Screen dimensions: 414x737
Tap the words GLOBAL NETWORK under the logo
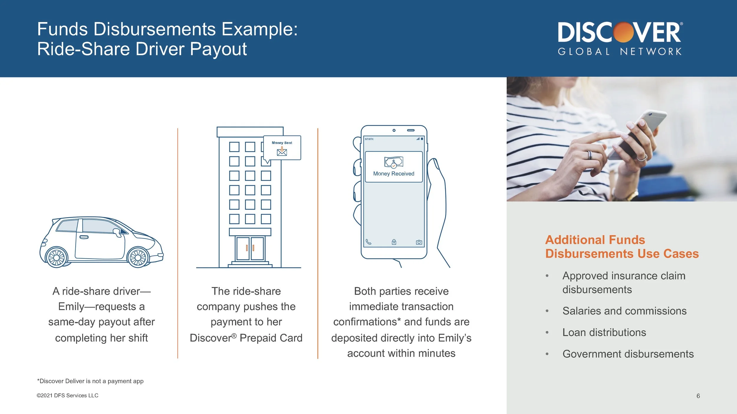click(619, 52)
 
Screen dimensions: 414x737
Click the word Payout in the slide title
click(218, 49)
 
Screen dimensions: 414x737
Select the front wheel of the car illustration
click(138, 257)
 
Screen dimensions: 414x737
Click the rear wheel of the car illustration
click(56, 257)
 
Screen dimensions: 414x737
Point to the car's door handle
click(84, 237)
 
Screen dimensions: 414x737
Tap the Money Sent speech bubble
click(282, 148)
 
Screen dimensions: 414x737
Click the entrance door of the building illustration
click(250, 249)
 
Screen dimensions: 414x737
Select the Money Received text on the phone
click(394, 174)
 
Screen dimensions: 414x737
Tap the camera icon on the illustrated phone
click(419, 242)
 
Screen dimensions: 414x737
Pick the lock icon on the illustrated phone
click(394, 242)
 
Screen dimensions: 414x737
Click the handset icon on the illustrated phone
click(368, 242)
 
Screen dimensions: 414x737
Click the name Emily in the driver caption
click(71, 307)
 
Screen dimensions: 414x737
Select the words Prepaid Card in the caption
click(271, 338)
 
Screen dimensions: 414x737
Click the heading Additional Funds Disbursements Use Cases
click(622, 247)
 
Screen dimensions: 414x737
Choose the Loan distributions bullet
click(604, 332)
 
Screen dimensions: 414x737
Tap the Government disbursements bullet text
click(628, 354)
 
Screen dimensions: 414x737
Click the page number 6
click(698, 396)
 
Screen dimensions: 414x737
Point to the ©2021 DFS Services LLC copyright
click(68, 395)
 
